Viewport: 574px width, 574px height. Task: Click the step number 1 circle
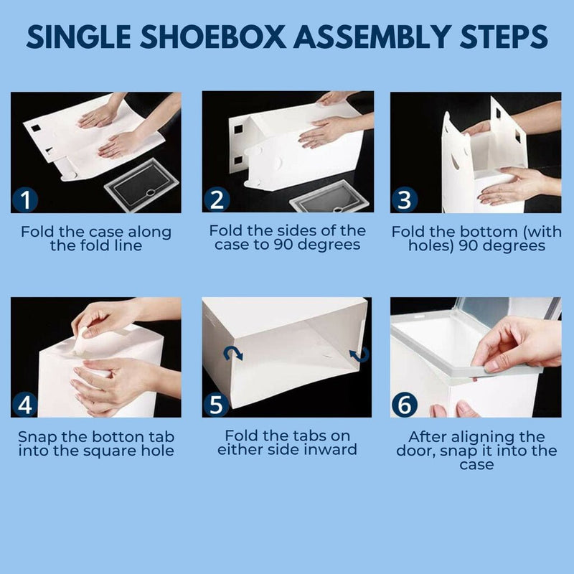pos(25,200)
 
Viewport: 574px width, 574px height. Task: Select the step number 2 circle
pos(215,200)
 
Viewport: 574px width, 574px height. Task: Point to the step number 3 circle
pos(404,200)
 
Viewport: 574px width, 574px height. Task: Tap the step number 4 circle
pos(25,405)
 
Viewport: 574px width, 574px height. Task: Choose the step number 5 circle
pos(215,405)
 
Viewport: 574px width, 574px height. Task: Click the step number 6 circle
pos(404,405)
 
